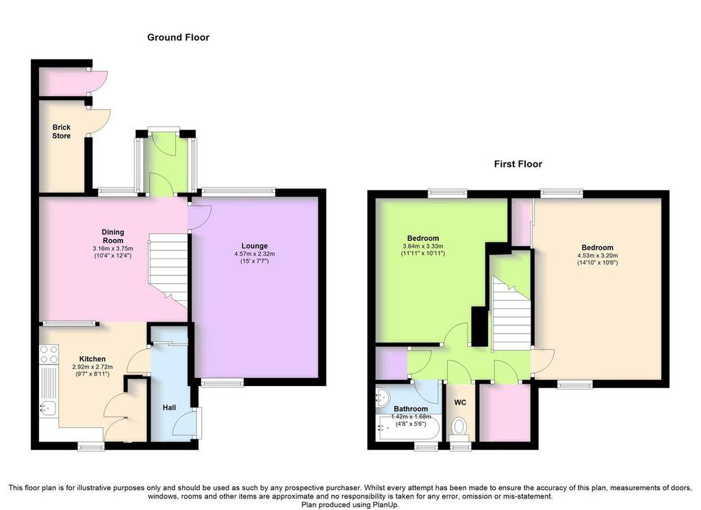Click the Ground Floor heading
pos(178,38)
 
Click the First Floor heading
pos(518,164)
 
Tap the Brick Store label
pos(61,131)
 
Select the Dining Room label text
pos(113,236)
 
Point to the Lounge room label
pos(255,246)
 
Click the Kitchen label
pos(92,359)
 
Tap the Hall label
pos(169,407)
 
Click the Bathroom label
pos(411,409)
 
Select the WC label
pos(460,403)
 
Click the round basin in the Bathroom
pos(383,398)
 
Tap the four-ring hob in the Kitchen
pos(49,354)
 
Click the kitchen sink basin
pos(47,407)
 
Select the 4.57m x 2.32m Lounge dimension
pos(255,254)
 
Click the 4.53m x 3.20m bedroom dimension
pos(597,255)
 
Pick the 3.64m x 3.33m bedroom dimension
pos(423,246)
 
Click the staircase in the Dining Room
pos(168,271)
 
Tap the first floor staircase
pos(511,314)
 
